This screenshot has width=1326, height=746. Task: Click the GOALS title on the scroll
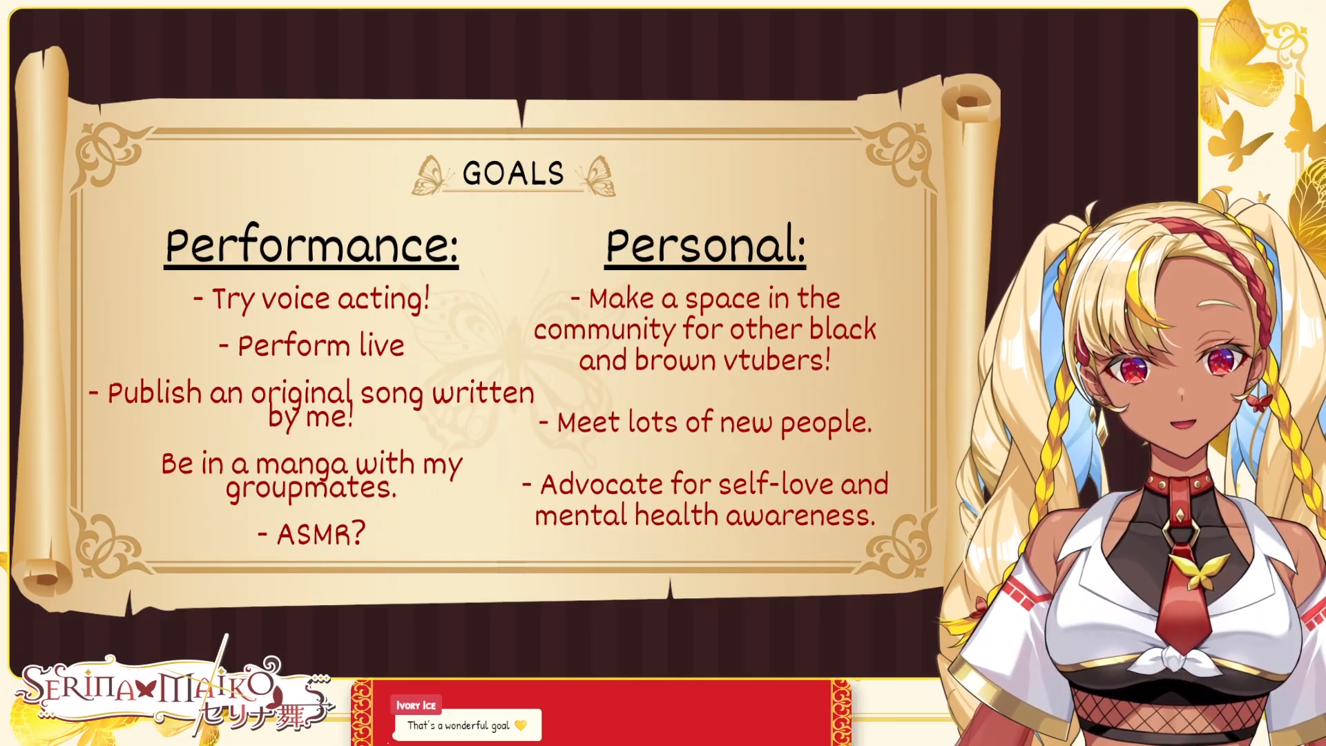(513, 173)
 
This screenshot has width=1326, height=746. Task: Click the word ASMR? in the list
(320, 533)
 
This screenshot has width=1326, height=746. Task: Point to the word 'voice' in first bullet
(296, 298)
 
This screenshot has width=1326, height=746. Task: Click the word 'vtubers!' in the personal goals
(777, 360)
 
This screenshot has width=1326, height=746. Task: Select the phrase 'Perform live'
(321, 345)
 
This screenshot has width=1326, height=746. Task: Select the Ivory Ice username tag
(416, 705)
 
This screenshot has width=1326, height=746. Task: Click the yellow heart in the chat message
(521, 725)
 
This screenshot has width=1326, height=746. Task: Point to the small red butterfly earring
(1260, 401)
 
